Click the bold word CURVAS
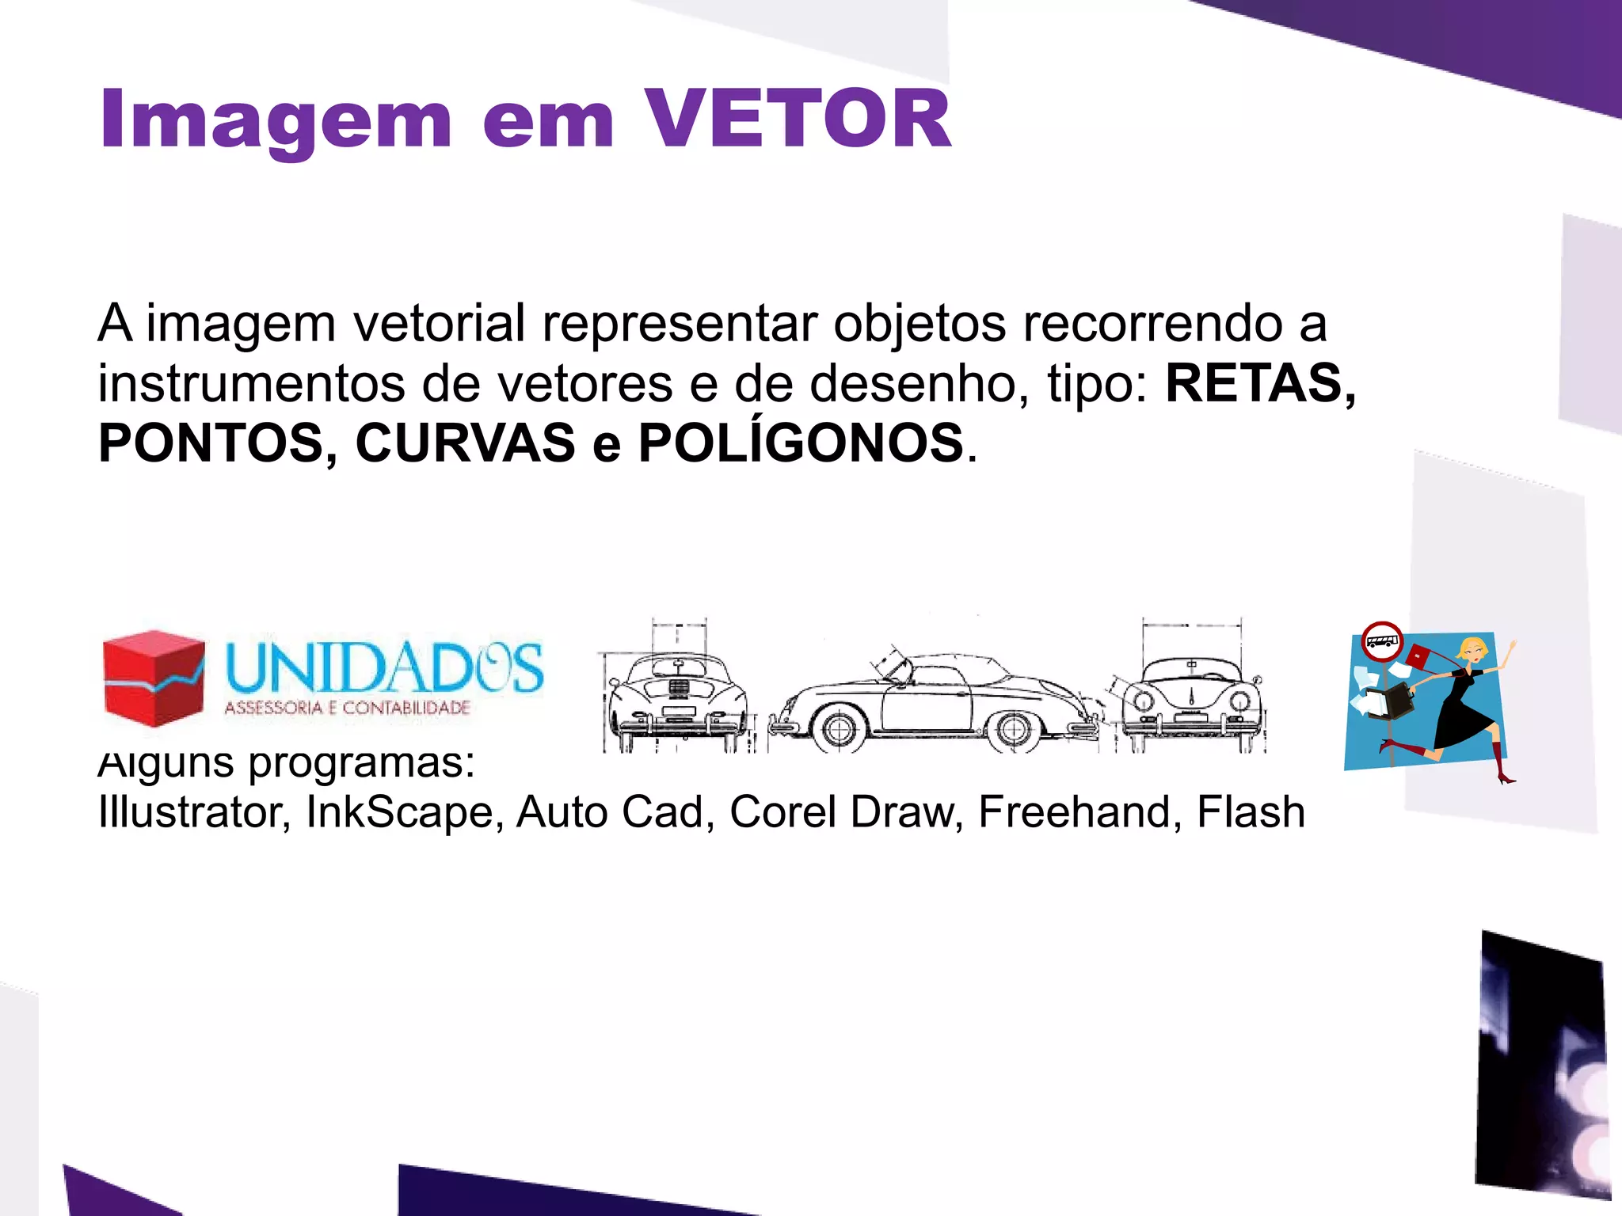click(x=466, y=443)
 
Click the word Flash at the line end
click(x=1251, y=812)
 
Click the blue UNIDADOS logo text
click(x=385, y=667)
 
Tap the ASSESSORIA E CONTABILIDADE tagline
click(x=347, y=708)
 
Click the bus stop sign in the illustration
click(x=1382, y=642)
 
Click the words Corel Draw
click(x=842, y=812)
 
